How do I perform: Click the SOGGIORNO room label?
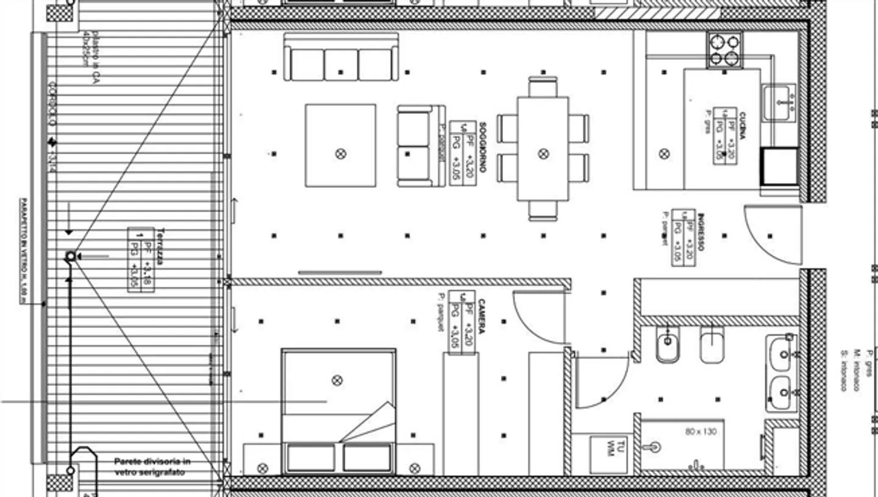482,146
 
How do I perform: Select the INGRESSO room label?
702,232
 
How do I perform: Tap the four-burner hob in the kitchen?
724,50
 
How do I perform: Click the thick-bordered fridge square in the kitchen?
779,166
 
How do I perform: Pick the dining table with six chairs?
543,148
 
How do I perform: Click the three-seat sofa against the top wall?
341,57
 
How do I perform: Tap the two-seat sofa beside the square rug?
421,146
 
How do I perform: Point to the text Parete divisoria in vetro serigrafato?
152,467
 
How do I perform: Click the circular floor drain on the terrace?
70,257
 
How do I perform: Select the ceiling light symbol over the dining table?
543,154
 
